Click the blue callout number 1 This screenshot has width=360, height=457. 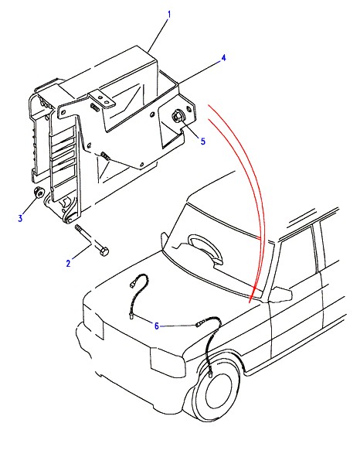tap(168, 15)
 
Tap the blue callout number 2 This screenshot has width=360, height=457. tap(69, 263)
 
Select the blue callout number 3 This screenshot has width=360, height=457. tap(20, 218)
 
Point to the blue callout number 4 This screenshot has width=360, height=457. tap(223, 58)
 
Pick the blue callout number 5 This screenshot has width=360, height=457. tap(202, 142)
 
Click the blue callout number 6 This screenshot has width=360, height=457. tap(156, 326)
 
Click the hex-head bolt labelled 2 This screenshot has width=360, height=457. tap(92, 240)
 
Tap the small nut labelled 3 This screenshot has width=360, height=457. tap(39, 192)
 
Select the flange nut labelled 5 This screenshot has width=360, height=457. tap(177, 117)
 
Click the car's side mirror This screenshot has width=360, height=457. tap(281, 294)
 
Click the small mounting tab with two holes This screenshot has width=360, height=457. tap(102, 99)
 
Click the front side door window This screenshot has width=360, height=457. tap(296, 259)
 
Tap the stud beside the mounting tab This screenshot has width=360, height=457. tap(95, 107)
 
